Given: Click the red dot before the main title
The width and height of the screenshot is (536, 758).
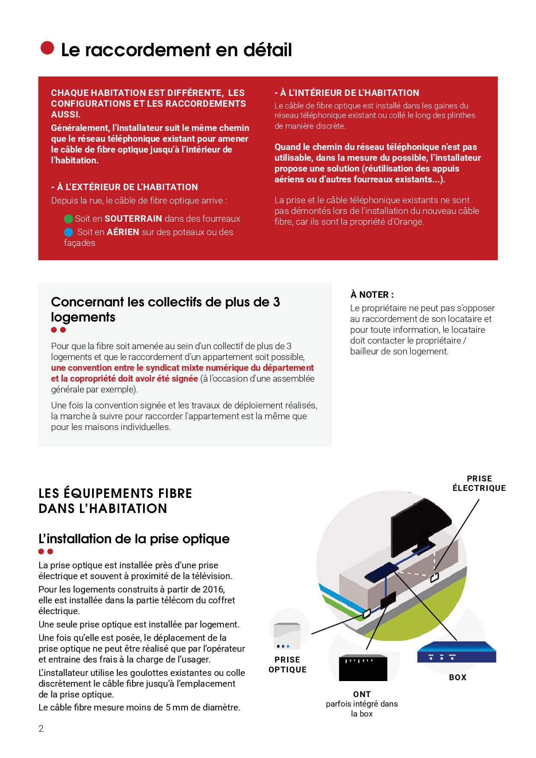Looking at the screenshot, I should [x=47, y=48].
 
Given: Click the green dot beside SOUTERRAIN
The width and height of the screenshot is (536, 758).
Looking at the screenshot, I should [x=68, y=219].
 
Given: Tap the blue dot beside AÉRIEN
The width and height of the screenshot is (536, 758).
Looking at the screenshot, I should [x=68, y=232].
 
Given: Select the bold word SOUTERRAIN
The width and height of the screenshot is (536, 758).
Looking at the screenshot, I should [x=133, y=219].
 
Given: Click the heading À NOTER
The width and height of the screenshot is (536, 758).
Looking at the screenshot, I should [x=372, y=295].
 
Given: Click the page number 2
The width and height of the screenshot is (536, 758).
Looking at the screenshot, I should [x=41, y=729].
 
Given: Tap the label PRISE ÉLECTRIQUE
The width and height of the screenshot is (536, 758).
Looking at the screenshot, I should [x=479, y=484].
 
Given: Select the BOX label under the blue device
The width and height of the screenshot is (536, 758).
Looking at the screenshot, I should [x=457, y=677].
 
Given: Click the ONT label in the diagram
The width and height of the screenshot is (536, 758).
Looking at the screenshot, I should [x=362, y=694].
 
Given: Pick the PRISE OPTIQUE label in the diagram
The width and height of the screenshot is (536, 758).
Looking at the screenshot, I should [x=287, y=665].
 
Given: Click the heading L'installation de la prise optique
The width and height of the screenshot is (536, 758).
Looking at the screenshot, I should [x=134, y=539].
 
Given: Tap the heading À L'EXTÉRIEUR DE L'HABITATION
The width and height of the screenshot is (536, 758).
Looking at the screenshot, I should [x=124, y=187].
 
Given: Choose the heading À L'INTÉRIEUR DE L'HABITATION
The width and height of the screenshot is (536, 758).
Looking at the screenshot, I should [x=347, y=93].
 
